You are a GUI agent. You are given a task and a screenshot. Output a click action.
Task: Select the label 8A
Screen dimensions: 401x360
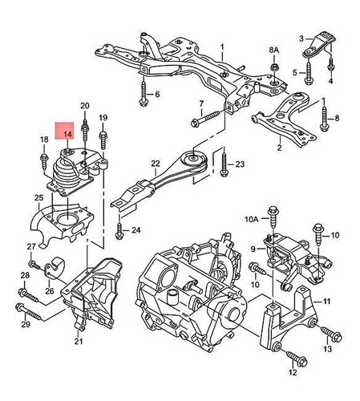(x=274, y=50)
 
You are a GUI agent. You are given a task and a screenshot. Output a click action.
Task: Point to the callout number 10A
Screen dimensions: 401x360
(x=251, y=217)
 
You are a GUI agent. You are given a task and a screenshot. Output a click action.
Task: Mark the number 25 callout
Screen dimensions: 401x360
(x=37, y=196)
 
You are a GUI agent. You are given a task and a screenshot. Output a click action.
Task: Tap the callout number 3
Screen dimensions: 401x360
(x=301, y=38)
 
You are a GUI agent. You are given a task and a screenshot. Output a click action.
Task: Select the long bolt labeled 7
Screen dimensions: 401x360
(x=207, y=121)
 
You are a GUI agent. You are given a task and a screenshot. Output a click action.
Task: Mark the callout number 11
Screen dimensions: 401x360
(x=327, y=302)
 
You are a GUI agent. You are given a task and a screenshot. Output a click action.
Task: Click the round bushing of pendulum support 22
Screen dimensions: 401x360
(x=193, y=158)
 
